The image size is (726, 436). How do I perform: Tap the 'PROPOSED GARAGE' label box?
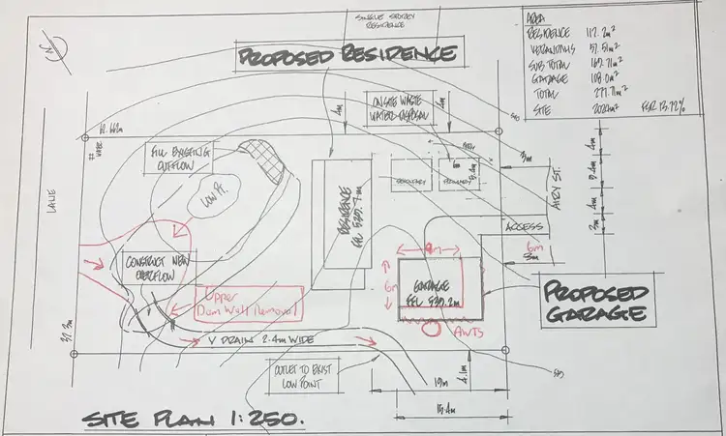tap(593, 303)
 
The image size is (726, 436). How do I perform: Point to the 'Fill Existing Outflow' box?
tap(181, 157)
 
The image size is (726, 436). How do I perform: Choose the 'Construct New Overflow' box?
tap(157, 267)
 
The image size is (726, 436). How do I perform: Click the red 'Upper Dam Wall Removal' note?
tap(249, 303)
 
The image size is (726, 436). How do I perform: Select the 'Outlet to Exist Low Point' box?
tap(302, 372)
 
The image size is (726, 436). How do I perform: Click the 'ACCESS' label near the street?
tap(524, 228)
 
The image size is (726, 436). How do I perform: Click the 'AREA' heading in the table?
tap(535, 17)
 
